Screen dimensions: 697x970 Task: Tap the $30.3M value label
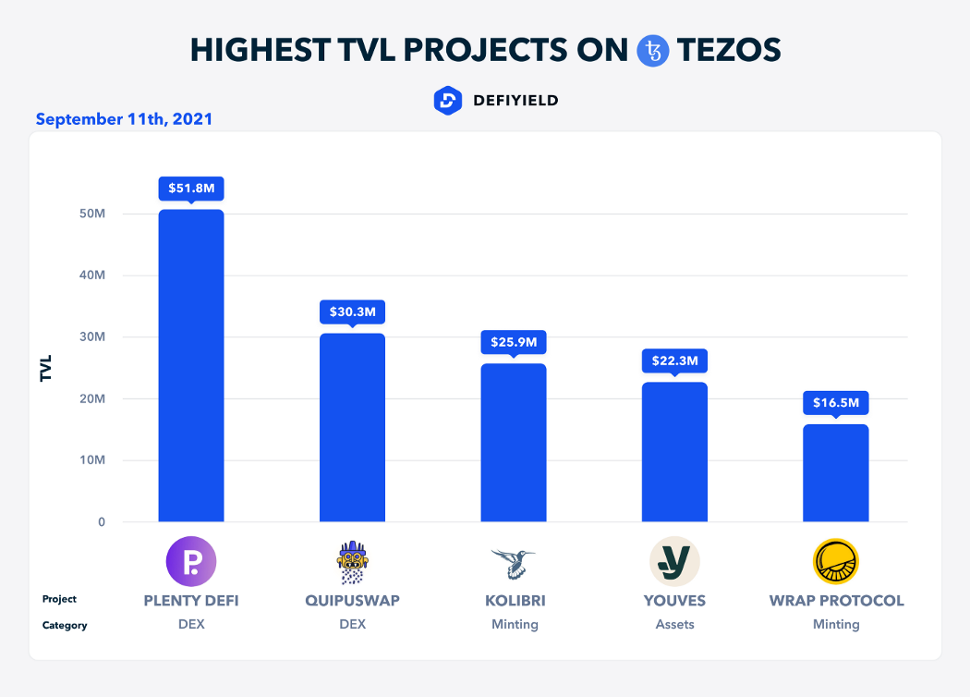352,312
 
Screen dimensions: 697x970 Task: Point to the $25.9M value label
513,342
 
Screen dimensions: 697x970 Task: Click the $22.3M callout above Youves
673,361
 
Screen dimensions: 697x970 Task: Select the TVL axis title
45,368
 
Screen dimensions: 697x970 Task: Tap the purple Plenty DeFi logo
191,561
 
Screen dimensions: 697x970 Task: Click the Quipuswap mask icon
352,562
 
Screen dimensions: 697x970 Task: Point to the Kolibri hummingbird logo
514,561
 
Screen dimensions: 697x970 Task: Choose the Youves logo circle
674,561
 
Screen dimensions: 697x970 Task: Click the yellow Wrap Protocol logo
836,561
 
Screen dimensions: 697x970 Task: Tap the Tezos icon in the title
653,50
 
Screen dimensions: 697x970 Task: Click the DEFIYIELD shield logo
447,100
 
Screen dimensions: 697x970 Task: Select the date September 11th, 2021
124,119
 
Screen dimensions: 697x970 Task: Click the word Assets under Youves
674,624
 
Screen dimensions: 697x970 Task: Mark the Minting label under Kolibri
515,624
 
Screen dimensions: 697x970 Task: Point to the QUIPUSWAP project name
352,600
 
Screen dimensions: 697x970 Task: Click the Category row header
65,625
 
